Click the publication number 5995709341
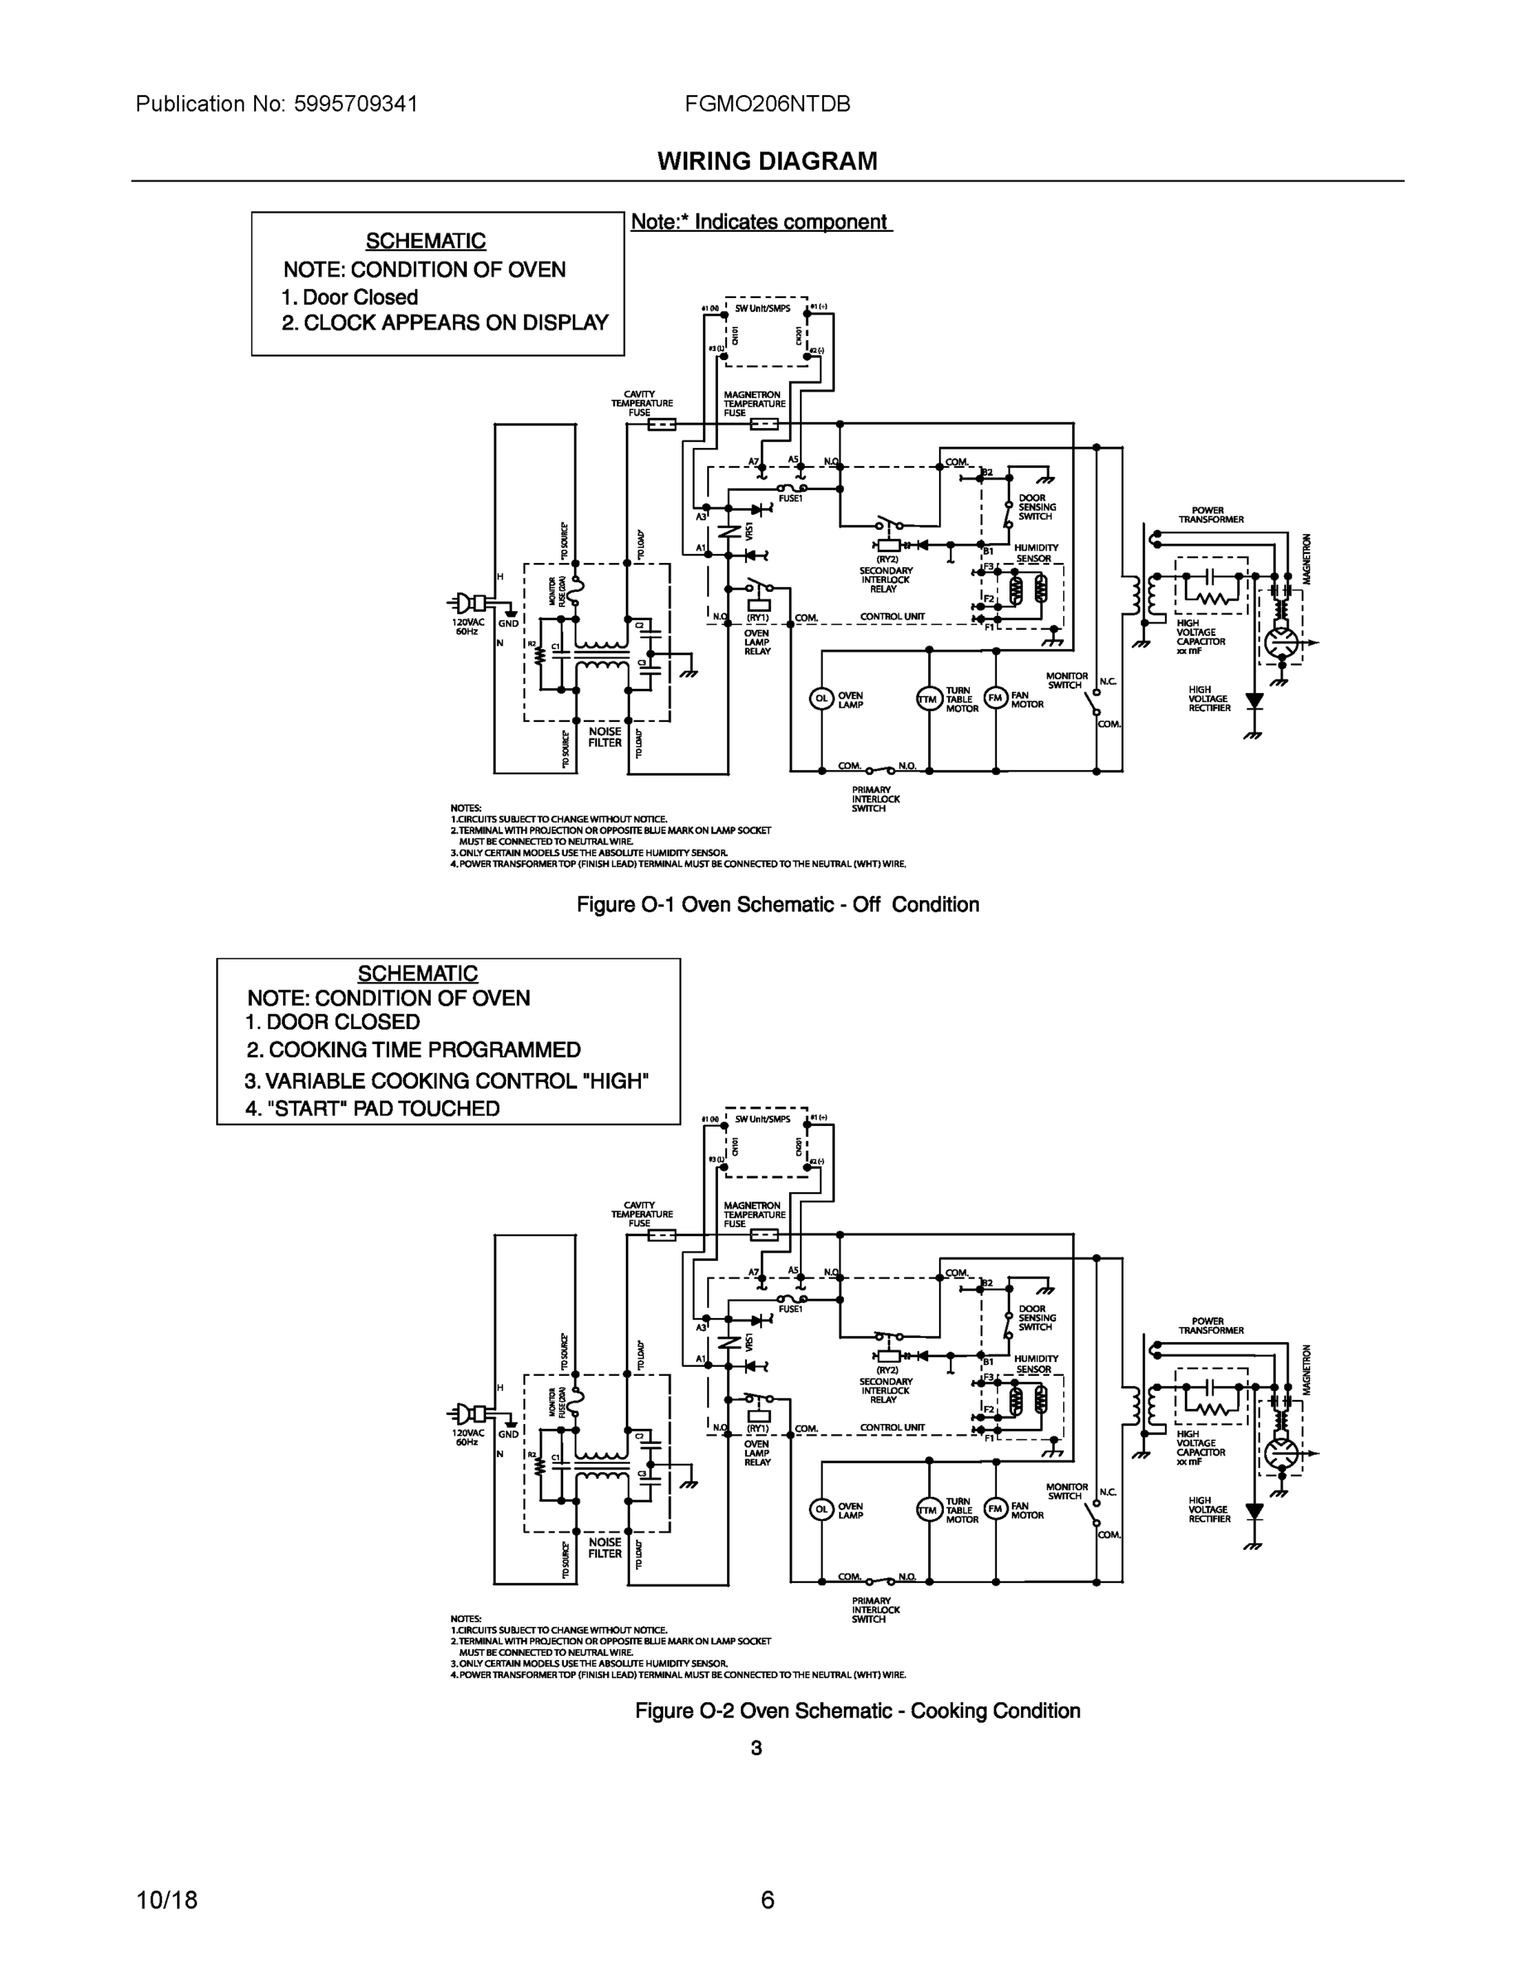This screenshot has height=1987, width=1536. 356,103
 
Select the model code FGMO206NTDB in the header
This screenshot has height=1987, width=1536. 767,103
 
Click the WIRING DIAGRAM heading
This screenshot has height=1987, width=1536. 767,161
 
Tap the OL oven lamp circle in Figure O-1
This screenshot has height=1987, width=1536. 821,699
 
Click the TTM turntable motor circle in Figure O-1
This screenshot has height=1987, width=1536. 928,699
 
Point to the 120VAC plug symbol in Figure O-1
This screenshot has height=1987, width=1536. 471,602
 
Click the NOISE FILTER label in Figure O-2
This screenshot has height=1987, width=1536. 605,1547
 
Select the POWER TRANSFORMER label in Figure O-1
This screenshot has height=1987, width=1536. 1211,515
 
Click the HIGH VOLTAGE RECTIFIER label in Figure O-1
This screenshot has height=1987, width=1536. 1208,699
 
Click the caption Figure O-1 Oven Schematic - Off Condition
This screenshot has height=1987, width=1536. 778,904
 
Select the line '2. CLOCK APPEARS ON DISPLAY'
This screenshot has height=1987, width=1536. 444,323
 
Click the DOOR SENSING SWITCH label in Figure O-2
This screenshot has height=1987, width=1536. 1037,1317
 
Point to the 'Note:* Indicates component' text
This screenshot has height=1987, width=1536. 760,222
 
